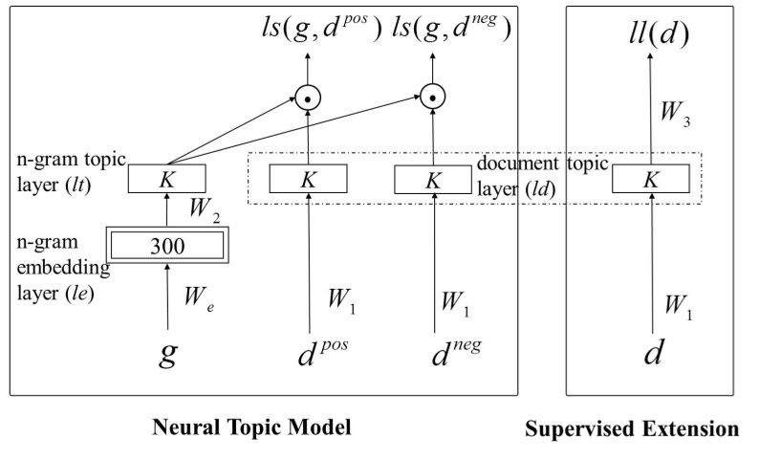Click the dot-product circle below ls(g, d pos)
(307, 96)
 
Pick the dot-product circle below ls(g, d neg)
(433, 96)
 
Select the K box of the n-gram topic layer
(169, 178)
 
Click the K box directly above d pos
(308, 178)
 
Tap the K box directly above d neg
(433, 178)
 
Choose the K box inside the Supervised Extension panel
(652, 178)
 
